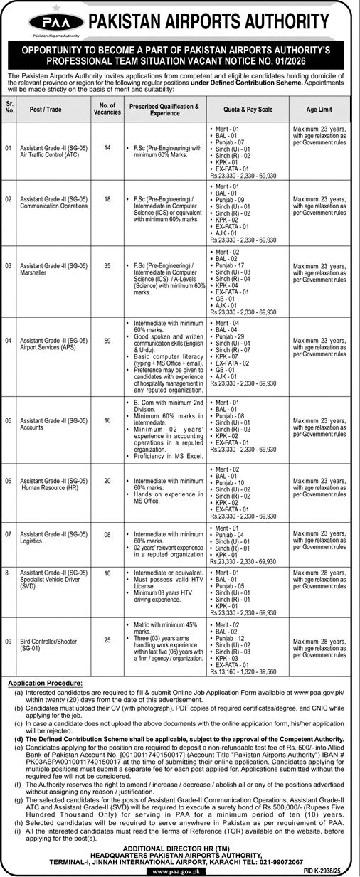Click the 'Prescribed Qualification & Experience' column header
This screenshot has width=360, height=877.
pos(164,109)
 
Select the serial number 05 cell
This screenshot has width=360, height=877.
pos(9,420)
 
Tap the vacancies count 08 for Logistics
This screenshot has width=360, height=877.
pos(108,533)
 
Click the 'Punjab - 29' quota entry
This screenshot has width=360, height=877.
pos(235,336)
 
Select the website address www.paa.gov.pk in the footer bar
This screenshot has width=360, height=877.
pos(179,870)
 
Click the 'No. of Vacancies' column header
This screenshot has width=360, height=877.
pos(108,109)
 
